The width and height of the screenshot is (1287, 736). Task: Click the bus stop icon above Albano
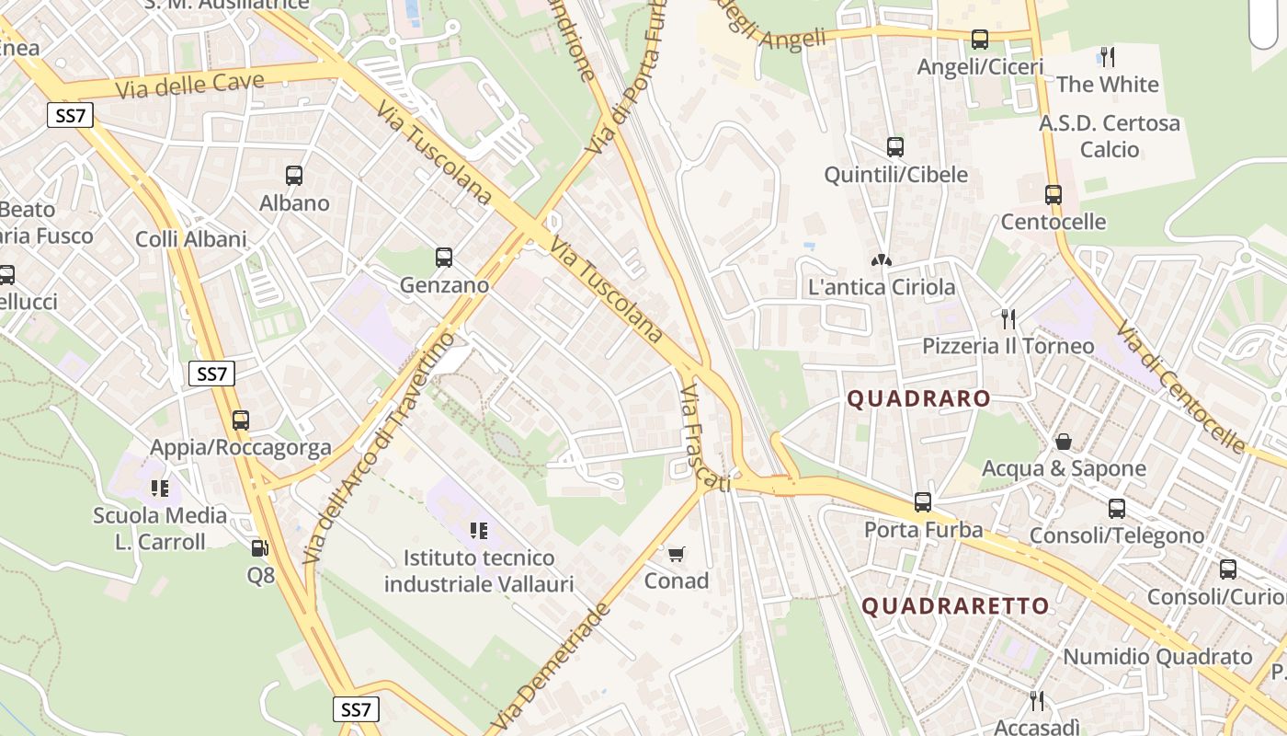(294, 175)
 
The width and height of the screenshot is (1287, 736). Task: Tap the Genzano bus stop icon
(444, 258)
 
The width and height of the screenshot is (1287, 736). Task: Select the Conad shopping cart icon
(677, 553)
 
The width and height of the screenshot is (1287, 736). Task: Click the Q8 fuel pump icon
(260, 548)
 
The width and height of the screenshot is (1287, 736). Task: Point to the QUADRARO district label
(918, 399)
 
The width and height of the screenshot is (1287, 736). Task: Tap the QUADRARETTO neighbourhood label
(955, 606)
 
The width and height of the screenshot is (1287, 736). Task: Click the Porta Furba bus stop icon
(923, 502)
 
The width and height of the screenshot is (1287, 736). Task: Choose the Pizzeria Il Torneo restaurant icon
(1008, 319)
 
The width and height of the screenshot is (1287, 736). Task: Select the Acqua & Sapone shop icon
(1064, 442)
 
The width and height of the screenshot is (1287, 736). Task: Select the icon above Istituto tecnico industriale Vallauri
(478, 530)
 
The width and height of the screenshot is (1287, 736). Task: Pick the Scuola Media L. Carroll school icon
(160, 488)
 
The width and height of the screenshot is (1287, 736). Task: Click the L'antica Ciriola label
(882, 288)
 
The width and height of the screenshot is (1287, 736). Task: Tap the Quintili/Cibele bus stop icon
(894, 147)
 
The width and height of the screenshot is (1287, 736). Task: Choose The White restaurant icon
(1108, 57)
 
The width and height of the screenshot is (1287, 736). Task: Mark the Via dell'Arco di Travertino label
(379, 447)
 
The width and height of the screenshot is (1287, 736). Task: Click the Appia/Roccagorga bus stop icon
(241, 420)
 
